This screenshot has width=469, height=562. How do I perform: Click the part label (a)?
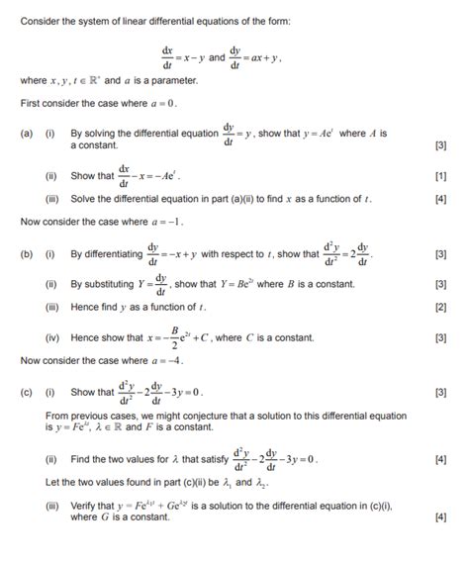point(27,133)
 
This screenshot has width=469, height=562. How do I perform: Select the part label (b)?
point(27,253)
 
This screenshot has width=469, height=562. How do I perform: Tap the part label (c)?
point(27,393)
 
